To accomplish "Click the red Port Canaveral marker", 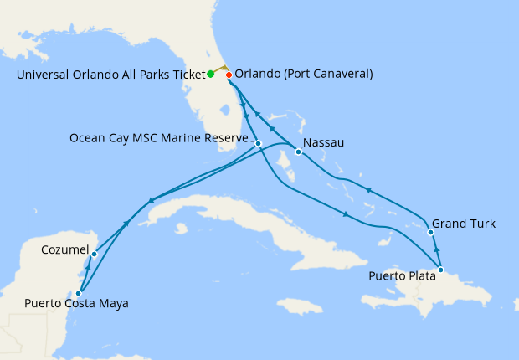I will tap(229, 75).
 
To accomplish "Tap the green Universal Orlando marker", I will tap(210, 74).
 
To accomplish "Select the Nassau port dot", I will tap(299, 152).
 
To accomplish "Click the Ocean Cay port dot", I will tap(259, 143).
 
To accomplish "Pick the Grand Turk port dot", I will tap(430, 232).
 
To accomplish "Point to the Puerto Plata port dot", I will tap(441, 270).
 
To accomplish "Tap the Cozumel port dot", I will tap(94, 254).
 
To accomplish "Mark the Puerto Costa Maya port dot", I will tap(79, 293).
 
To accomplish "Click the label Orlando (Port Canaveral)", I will tap(304, 74).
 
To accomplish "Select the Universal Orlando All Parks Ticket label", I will tap(110, 74).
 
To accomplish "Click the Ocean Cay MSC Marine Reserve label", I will tap(158, 137).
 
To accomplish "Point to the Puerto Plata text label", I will tap(401, 276).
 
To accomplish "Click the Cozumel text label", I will tap(64, 249).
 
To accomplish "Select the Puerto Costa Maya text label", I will tap(76, 303).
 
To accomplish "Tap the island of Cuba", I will tap(226, 213).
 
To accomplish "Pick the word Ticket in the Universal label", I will tap(188, 74).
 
